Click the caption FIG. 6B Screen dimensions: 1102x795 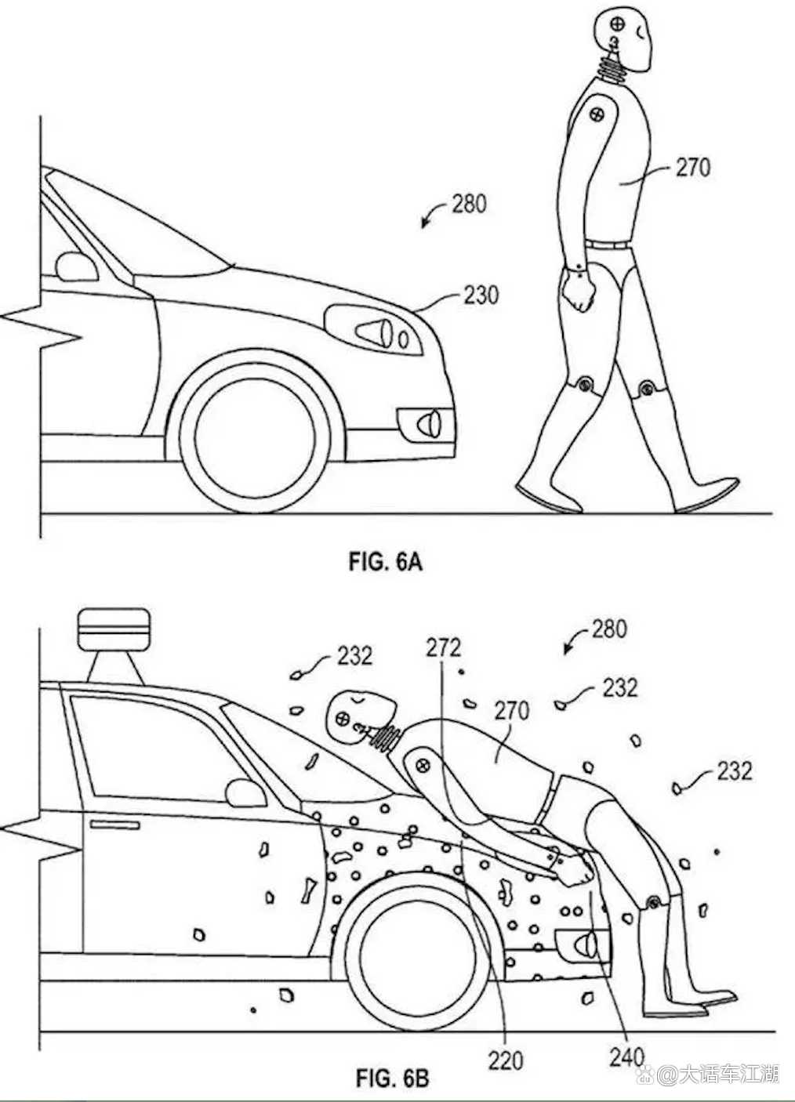click(x=393, y=1078)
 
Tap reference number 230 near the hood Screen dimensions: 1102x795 click(x=481, y=295)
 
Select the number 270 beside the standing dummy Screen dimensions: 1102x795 click(x=692, y=167)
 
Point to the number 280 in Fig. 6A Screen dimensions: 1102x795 click(x=469, y=204)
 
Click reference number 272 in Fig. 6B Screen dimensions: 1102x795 click(x=443, y=648)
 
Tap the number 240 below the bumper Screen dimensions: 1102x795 click(x=626, y=1057)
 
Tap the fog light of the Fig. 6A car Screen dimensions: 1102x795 click(x=427, y=422)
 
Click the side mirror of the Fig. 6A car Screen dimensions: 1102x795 click(x=76, y=266)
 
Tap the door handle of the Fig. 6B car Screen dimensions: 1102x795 click(x=114, y=824)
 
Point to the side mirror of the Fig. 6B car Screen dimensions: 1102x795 click(x=245, y=792)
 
